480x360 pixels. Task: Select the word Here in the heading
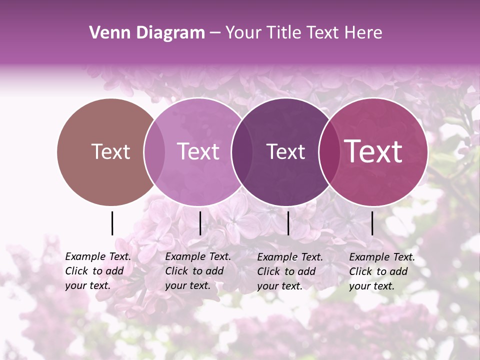[364, 33]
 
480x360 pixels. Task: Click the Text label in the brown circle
[110, 151]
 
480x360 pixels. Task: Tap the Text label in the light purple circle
[198, 151]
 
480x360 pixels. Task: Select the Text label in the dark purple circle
[285, 151]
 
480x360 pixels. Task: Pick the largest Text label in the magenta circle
[373, 151]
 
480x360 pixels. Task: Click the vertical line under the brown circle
[112, 223]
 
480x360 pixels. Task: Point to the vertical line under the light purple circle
[200, 223]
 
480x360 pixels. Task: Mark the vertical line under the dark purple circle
[288, 223]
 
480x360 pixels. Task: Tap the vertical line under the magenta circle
[372, 223]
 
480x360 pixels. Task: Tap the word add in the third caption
[306, 271]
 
